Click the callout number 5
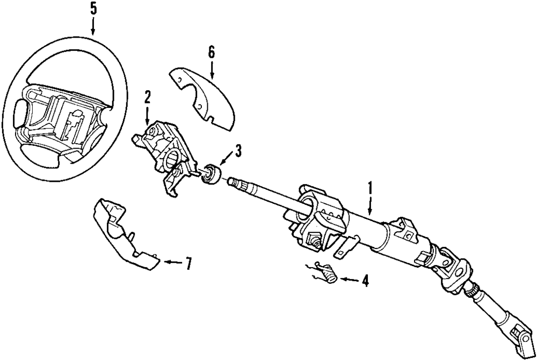(x=93, y=9)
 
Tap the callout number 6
(x=211, y=52)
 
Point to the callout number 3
(x=237, y=151)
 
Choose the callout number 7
(x=187, y=263)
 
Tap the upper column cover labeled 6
(x=207, y=97)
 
